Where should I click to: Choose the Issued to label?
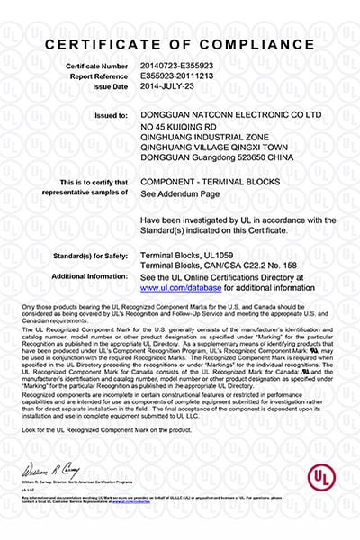coord(112,115)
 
